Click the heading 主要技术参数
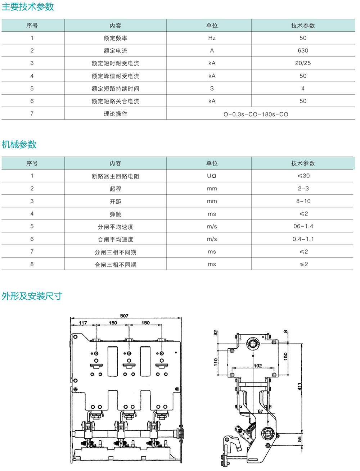[x=28, y=7]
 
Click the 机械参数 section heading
[x=19, y=144]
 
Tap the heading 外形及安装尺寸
[x=32, y=296]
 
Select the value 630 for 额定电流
[x=303, y=51]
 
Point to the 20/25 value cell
[x=303, y=63]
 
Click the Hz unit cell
[x=212, y=38]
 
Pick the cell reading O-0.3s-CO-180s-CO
[x=256, y=114]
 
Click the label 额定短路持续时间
[x=116, y=89]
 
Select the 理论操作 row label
[x=116, y=114]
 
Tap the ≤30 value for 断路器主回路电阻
[x=303, y=176]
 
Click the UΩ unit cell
[x=212, y=176]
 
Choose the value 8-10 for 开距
[x=303, y=201]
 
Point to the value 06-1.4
[x=303, y=226]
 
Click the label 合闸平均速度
[x=116, y=240]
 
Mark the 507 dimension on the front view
[x=124, y=316]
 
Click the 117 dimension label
[x=83, y=323]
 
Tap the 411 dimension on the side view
[x=300, y=386]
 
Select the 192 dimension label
[x=258, y=366]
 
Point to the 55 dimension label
[x=300, y=439]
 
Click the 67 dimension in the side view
[x=260, y=411]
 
